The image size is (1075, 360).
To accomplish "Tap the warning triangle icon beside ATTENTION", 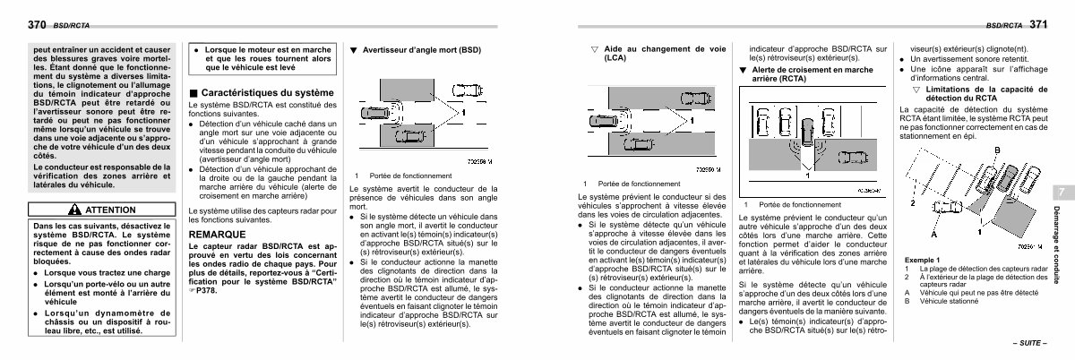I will click(73, 209).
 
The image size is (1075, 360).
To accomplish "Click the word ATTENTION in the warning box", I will click(109, 209).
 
